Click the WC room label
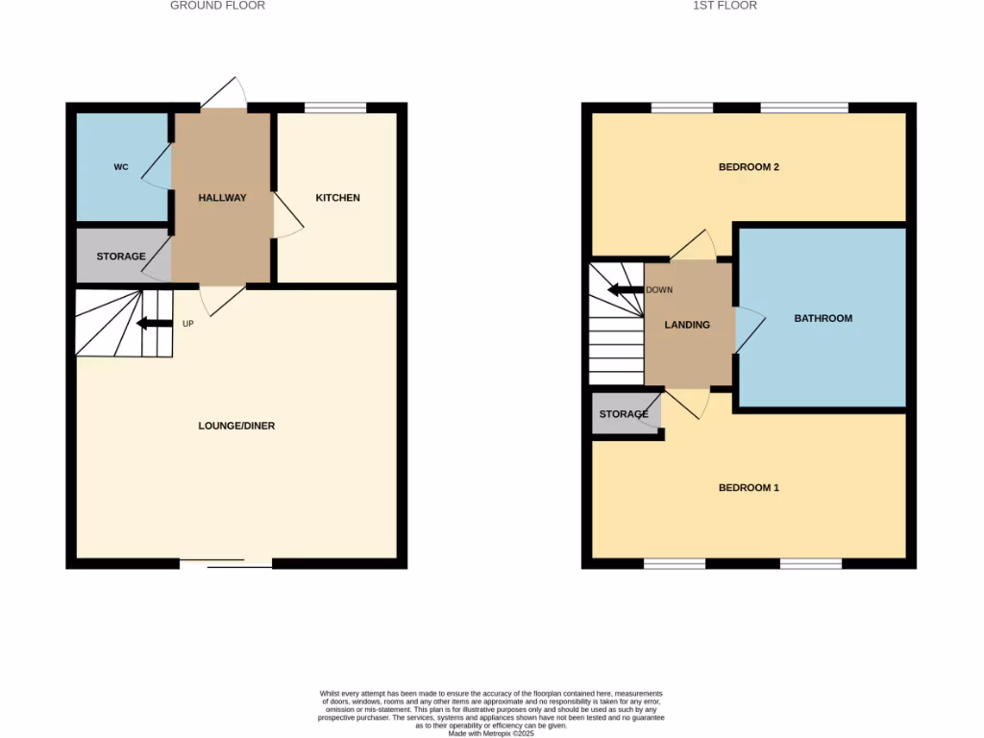(121, 167)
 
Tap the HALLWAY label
(222, 198)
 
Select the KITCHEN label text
(338, 198)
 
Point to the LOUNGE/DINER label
(236, 426)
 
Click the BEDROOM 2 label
(749, 167)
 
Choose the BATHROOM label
(823, 318)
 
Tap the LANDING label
(687, 325)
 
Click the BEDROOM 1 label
(749, 488)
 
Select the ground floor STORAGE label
(121, 257)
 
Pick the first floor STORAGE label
(624, 414)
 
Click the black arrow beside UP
(154, 323)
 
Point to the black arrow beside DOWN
(625, 289)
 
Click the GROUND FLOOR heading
(217, 6)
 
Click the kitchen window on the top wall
(335, 108)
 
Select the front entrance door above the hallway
(223, 93)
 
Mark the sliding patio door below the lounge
(226, 563)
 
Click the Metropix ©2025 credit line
(491, 733)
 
